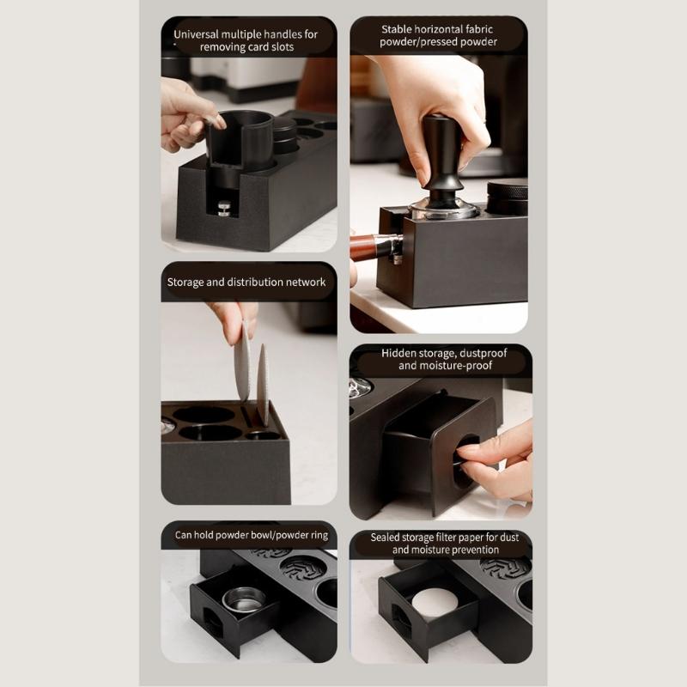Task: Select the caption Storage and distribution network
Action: (x=246, y=282)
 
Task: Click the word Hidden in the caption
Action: (x=400, y=353)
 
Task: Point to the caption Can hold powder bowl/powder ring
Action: (x=251, y=535)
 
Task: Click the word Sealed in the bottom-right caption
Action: (x=387, y=538)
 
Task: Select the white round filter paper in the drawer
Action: (x=435, y=602)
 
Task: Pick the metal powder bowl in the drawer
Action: (x=244, y=598)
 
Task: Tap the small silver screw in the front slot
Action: (x=224, y=207)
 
